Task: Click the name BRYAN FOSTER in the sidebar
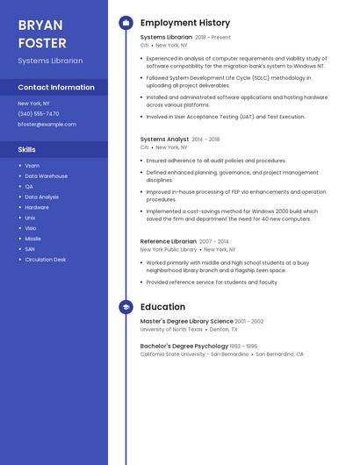(42, 32)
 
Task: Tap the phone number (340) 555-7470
(39, 113)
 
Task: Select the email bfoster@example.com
(47, 125)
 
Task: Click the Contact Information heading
(56, 88)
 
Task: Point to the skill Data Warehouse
(46, 176)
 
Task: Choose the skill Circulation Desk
(46, 260)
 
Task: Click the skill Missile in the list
(32, 239)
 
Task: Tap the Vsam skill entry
(32, 166)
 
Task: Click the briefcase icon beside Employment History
(126, 23)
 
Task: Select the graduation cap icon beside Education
(126, 307)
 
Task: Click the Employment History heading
(185, 23)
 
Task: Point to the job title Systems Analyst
(164, 139)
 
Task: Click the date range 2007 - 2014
(213, 241)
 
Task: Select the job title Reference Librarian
(169, 241)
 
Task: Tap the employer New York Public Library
(169, 250)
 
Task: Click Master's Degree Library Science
(186, 322)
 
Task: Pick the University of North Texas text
(171, 330)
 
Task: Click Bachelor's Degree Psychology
(184, 347)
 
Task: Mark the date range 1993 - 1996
(244, 347)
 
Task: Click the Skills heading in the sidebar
(26, 150)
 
